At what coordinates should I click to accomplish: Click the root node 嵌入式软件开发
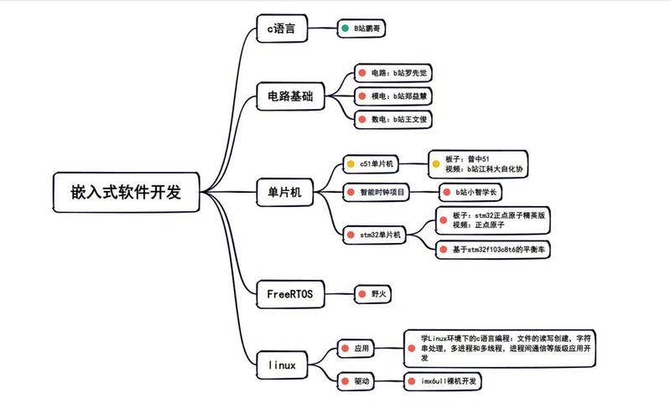pyautogui.click(x=126, y=192)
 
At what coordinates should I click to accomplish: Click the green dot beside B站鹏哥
pyautogui.click(x=345, y=28)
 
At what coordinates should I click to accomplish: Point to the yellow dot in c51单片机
pyautogui.click(x=351, y=164)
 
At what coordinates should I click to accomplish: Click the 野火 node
pyautogui.click(x=374, y=294)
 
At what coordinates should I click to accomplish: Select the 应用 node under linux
pyautogui.click(x=357, y=348)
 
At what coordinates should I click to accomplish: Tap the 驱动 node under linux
pyautogui.click(x=357, y=381)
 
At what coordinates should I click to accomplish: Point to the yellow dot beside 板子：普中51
pyautogui.click(x=436, y=163)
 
